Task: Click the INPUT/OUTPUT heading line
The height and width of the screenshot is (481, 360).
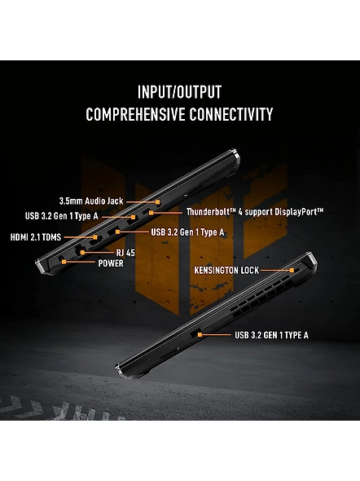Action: click(x=179, y=92)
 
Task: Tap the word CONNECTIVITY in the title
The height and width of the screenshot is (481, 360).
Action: click(x=230, y=114)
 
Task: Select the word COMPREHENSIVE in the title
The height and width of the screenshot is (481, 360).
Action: click(x=135, y=114)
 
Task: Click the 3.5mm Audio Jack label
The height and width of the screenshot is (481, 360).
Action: click(x=91, y=201)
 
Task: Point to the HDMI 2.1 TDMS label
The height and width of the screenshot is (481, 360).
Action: click(x=36, y=237)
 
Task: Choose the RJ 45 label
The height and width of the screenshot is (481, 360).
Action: click(x=125, y=253)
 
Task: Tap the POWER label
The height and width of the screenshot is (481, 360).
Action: click(x=111, y=263)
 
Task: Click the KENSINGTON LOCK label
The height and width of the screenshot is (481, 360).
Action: click(x=226, y=270)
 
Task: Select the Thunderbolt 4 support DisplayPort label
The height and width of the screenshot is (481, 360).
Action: click(x=255, y=212)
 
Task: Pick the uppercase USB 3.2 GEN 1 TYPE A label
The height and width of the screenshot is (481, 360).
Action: click(x=271, y=335)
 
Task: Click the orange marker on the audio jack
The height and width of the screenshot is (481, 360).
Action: click(x=157, y=202)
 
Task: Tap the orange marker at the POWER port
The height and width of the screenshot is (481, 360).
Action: click(x=64, y=262)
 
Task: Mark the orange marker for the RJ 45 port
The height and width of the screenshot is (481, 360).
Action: click(x=82, y=253)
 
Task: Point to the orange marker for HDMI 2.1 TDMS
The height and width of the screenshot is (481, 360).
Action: click(x=95, y=237)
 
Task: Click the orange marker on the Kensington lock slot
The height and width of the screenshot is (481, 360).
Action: click(x=292, y=270)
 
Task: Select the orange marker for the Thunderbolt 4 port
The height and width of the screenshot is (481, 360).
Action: click(x=151, y=212)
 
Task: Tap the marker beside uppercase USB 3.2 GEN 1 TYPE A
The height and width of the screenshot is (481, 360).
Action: click(x=200, y=335)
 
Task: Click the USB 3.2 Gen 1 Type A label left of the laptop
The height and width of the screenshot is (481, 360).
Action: click(x=62, y=216)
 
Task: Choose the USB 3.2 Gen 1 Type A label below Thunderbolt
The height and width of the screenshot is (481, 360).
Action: click(x=187, y=232)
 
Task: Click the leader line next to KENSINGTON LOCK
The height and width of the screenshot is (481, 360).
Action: click(x=275, y=270)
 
